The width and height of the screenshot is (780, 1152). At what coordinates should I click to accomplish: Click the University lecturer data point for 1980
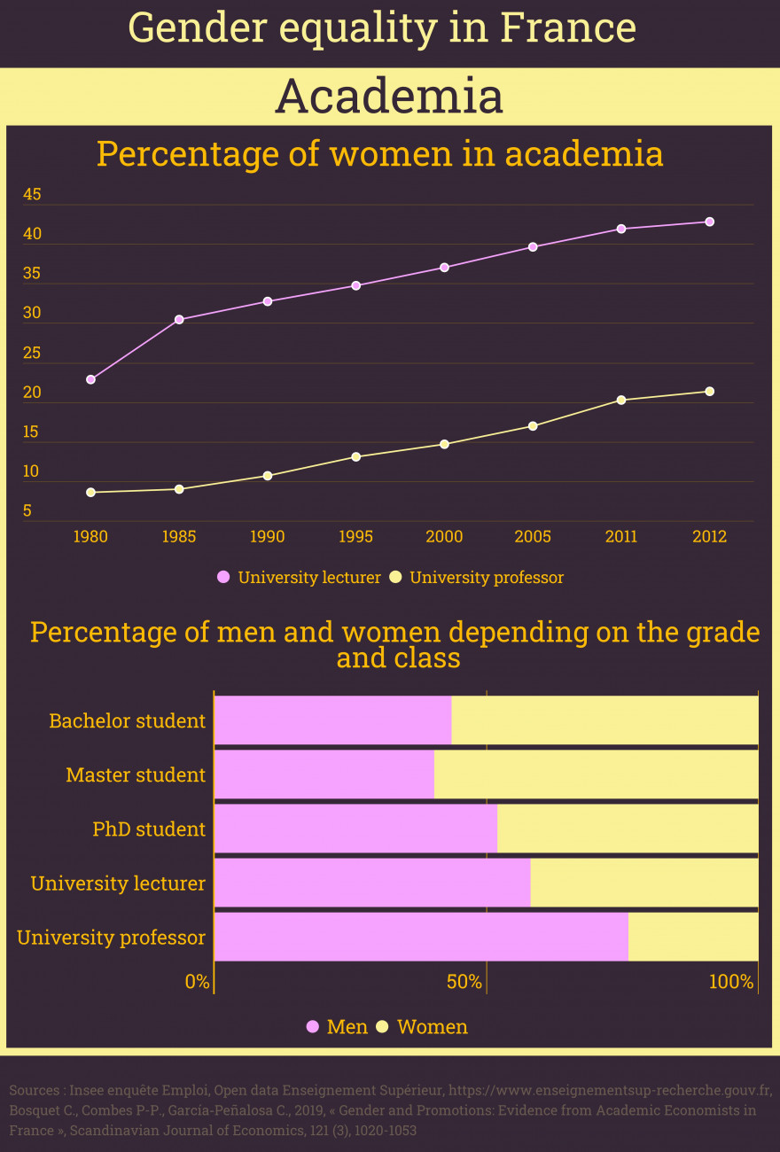[x=90, y=379]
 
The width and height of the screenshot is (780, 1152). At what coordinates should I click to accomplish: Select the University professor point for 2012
[x=710, y=392]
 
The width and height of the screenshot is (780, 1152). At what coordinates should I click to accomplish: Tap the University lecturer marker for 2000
[x=444, y=268]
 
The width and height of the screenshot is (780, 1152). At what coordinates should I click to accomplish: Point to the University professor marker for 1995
[x=356, y=457]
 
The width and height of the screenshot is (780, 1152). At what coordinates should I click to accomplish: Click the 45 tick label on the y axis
[x=32, y=195]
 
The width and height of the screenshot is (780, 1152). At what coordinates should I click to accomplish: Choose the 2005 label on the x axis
[x=533, y=537]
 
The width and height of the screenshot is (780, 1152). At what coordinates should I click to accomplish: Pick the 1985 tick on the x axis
[x=179, y=537]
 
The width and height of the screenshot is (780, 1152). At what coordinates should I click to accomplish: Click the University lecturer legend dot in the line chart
[x=223, y=578]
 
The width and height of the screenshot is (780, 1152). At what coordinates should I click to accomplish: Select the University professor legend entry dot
[x=395, y=578]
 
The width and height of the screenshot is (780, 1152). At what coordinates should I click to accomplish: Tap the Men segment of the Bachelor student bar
[x=332, y=720]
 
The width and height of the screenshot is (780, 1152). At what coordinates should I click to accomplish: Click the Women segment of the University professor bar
[x=693, y=937]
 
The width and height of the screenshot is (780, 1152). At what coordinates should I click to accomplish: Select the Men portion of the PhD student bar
[x=355, y=829]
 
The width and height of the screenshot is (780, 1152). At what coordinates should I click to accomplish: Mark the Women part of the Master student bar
[x=596, y=774]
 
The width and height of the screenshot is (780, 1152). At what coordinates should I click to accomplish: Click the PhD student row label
[x=149, y=829]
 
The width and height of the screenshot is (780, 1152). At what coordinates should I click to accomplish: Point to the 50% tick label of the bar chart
[x=464, y=982]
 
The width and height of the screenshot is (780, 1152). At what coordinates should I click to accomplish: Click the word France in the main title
[x=568, y=28]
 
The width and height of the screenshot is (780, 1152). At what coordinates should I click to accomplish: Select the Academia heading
[x=389, y=97]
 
